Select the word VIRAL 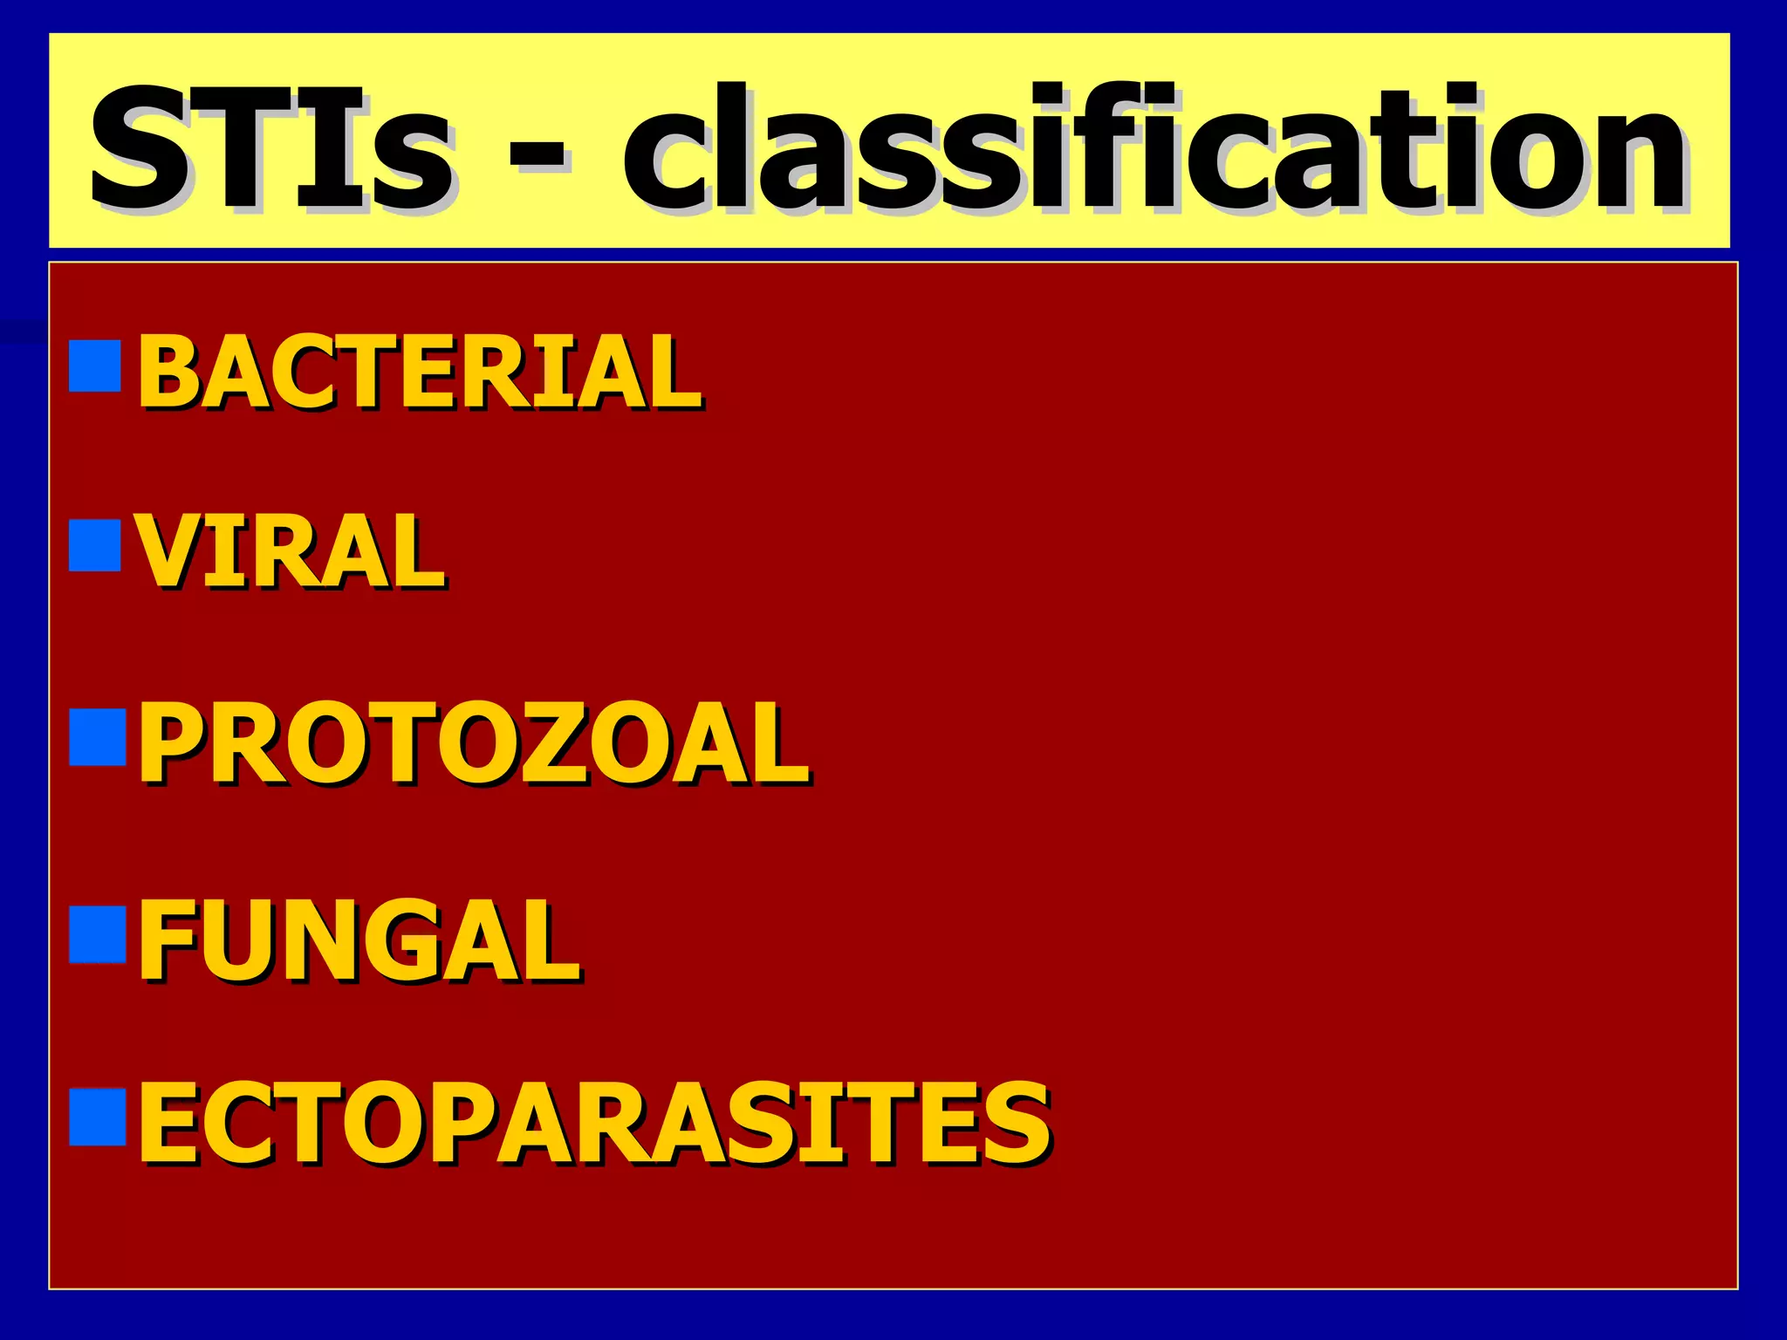pyautogui.click(x=291, y=551)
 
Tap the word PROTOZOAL pyautogui.click(x=474, y=744)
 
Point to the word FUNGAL pyautogui.click(x=359, y=941)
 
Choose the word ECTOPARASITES pyautogui.click(x=594, y=1123)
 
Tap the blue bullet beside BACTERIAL pyautogui.click(x=94, y=366)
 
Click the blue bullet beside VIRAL pyautogui.click(x=94, y=545)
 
